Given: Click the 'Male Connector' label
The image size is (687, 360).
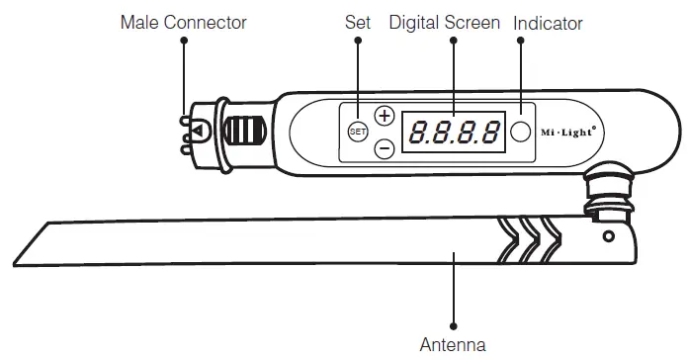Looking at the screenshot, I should pos(183,22).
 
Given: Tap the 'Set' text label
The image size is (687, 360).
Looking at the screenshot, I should pos(357,22).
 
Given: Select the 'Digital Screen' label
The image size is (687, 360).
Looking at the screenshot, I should pos(445,22).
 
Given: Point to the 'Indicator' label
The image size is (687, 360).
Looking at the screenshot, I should pos(549,22).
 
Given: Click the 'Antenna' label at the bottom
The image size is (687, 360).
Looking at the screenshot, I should pos(453,345).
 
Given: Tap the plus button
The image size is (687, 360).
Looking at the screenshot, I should pos(385,115).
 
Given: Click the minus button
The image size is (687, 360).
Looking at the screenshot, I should pos(385,148).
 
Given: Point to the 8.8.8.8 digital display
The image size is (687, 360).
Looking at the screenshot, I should pos(454,132).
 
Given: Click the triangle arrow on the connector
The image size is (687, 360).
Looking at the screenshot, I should pos(198,131).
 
